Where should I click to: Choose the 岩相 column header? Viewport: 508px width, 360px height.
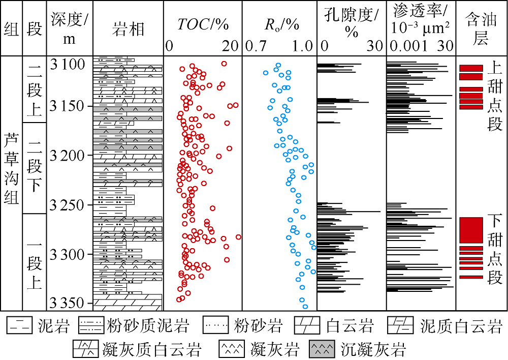coord(128,28)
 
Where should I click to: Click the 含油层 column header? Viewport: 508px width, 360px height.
coord(481,28)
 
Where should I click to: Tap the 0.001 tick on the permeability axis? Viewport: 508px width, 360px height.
coord(408,46)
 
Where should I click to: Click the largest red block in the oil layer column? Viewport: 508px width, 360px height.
coord(471,230)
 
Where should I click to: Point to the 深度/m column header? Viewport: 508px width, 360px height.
coord(70,28)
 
